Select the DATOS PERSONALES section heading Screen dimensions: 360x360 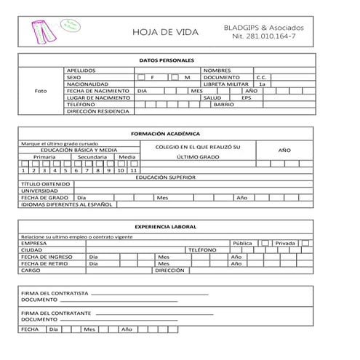(x=166, y=60)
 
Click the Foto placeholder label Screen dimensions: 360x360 (x=41, y=91)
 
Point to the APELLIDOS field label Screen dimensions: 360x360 (x=81, y=71)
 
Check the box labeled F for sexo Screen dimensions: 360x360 (x=141, y=77)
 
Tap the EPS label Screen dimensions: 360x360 (x=247, y=97)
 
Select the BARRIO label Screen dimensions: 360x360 (x=223, y=105)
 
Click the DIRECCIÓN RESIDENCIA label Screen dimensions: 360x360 (x=97, y=111)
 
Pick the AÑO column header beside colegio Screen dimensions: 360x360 (x=284, y=150)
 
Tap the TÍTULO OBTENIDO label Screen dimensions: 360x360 (x=46, y=184)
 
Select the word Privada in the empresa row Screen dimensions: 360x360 (x=285, y=243)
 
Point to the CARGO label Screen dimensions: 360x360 (x=31, y=270)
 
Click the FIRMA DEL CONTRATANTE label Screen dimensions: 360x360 (x=56, y=312)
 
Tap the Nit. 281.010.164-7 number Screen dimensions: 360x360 (x=264, y=36)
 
